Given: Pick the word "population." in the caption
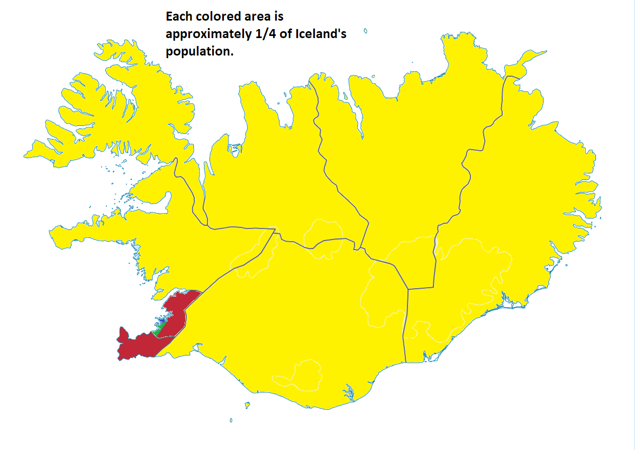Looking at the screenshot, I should pyautogui.click(x=199, y=52).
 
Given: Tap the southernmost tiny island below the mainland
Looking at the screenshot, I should pyautogui.click(x=231, y=421).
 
